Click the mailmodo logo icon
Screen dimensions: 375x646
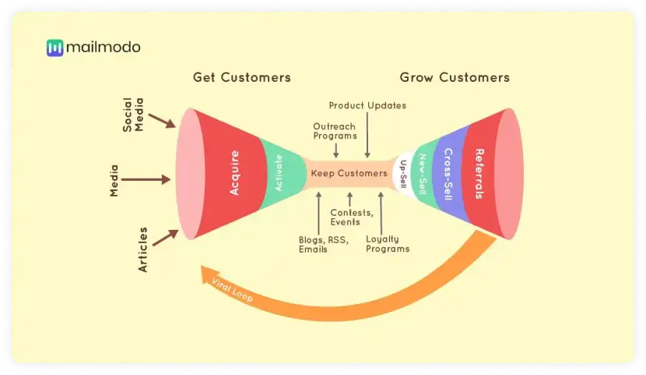tap(54, 48)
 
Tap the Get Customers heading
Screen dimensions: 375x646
tap(241, 77)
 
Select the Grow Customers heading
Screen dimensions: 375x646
tap(455, 77)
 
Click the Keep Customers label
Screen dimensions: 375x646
tap(349, 173)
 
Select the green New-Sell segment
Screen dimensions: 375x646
tap(423, 173)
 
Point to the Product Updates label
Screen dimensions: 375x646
tap(367, 105)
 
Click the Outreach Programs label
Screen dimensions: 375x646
tap(335, 130)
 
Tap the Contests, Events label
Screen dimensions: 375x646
tap(352, 217)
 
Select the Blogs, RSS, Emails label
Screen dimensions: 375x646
tap(319, 244)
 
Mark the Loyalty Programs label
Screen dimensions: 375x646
tap(387, 244)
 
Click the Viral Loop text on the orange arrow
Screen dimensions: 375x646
tap(232, 289)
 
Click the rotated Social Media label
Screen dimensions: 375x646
tap(133, 114)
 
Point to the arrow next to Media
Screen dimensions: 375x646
tap(148, 179)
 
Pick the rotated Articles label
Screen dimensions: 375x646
tap(142, 249)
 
